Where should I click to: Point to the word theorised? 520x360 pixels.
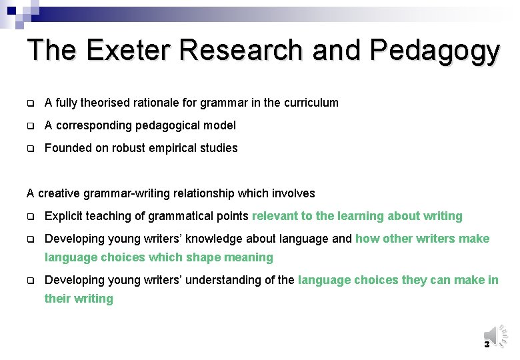click(x=103, y=103)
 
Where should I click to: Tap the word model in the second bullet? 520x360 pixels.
click(x=220, y=125)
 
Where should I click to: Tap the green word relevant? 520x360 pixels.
click(x=275, y=216)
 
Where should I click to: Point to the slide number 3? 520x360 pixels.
click(x=487, y=345)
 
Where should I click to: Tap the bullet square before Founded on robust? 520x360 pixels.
click(x=30, y=148)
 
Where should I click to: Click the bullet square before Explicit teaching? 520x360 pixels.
click(x=30, y=216)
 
